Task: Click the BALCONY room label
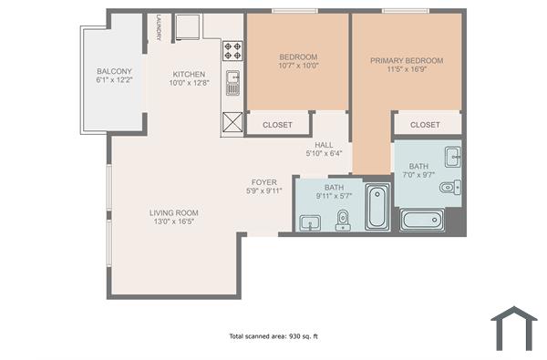[114, 72]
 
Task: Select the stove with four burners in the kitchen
[232, 48]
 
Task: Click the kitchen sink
[232, 83]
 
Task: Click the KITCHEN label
[189, 75]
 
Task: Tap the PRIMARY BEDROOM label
[407, 61]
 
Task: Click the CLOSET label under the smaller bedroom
[278, 125]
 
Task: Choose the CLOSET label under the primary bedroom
[425, 125]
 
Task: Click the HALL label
[324, 145]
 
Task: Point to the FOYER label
[264, 182]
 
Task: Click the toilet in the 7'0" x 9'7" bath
[448, 189]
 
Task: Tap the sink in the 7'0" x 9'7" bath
[451, 153]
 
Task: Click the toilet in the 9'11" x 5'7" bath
[343, 220]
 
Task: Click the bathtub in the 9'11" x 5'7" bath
[377, 207]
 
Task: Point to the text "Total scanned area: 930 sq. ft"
[273, 336]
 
